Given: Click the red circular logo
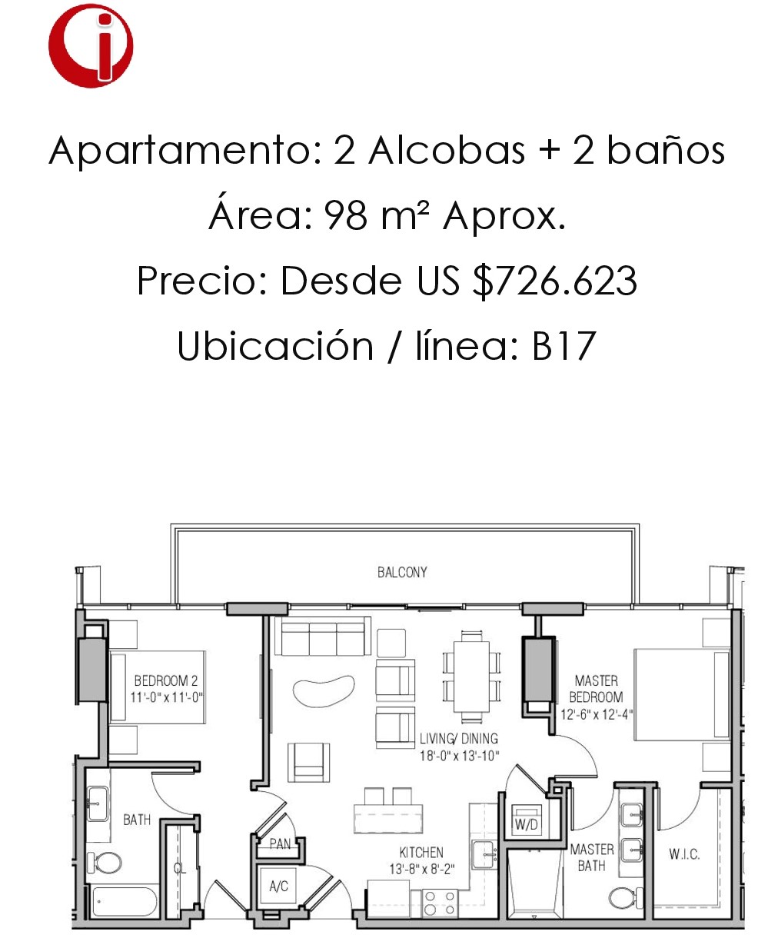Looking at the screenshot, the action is click(91, 46).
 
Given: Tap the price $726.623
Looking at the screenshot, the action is click(554, 281).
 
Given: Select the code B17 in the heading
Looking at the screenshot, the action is click(564, 346).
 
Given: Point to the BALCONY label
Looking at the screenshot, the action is click(402, 572).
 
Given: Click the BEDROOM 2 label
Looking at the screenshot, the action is click(165, 680).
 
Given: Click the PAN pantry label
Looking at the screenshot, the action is click(281, 843).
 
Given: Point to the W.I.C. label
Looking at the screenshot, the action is click(684, 854).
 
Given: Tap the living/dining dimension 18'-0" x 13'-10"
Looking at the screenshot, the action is click(459, 755).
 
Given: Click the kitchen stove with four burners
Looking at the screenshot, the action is click(439, 903).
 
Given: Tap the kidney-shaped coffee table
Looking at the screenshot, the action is click(324, 690).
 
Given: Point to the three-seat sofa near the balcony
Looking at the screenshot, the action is click(323, 636).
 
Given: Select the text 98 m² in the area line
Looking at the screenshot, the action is click(377, 216).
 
